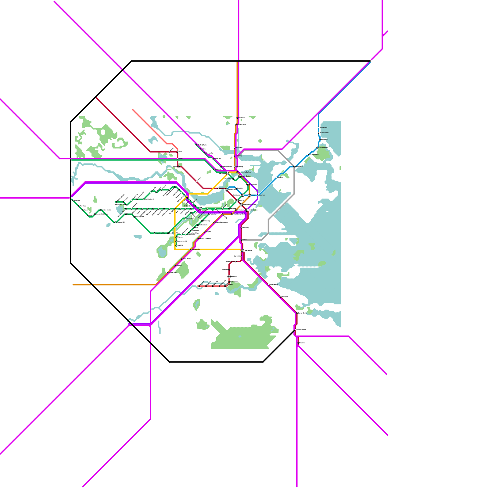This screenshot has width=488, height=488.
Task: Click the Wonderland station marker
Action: pos(318,127)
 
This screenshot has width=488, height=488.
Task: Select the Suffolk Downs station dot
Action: pos(317,148)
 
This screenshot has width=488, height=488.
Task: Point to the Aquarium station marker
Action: pos(258,195)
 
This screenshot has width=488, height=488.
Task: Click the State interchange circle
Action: pos(249,195)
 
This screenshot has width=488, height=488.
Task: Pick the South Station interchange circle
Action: pos(247,210)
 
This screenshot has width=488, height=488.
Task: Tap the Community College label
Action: pos(245,172)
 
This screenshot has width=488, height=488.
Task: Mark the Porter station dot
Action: pos(178,159)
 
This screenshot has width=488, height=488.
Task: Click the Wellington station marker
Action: pos(235,148)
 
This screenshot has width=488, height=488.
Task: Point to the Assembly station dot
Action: pos(235,156)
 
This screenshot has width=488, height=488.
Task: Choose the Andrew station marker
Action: pos(241,240)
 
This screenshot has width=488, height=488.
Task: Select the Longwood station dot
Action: pos(186,218)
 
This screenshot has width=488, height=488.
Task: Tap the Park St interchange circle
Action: pos(237,201)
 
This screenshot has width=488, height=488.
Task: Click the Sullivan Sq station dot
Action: pos(235,167)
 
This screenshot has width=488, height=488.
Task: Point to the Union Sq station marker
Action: pos(214,169)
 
